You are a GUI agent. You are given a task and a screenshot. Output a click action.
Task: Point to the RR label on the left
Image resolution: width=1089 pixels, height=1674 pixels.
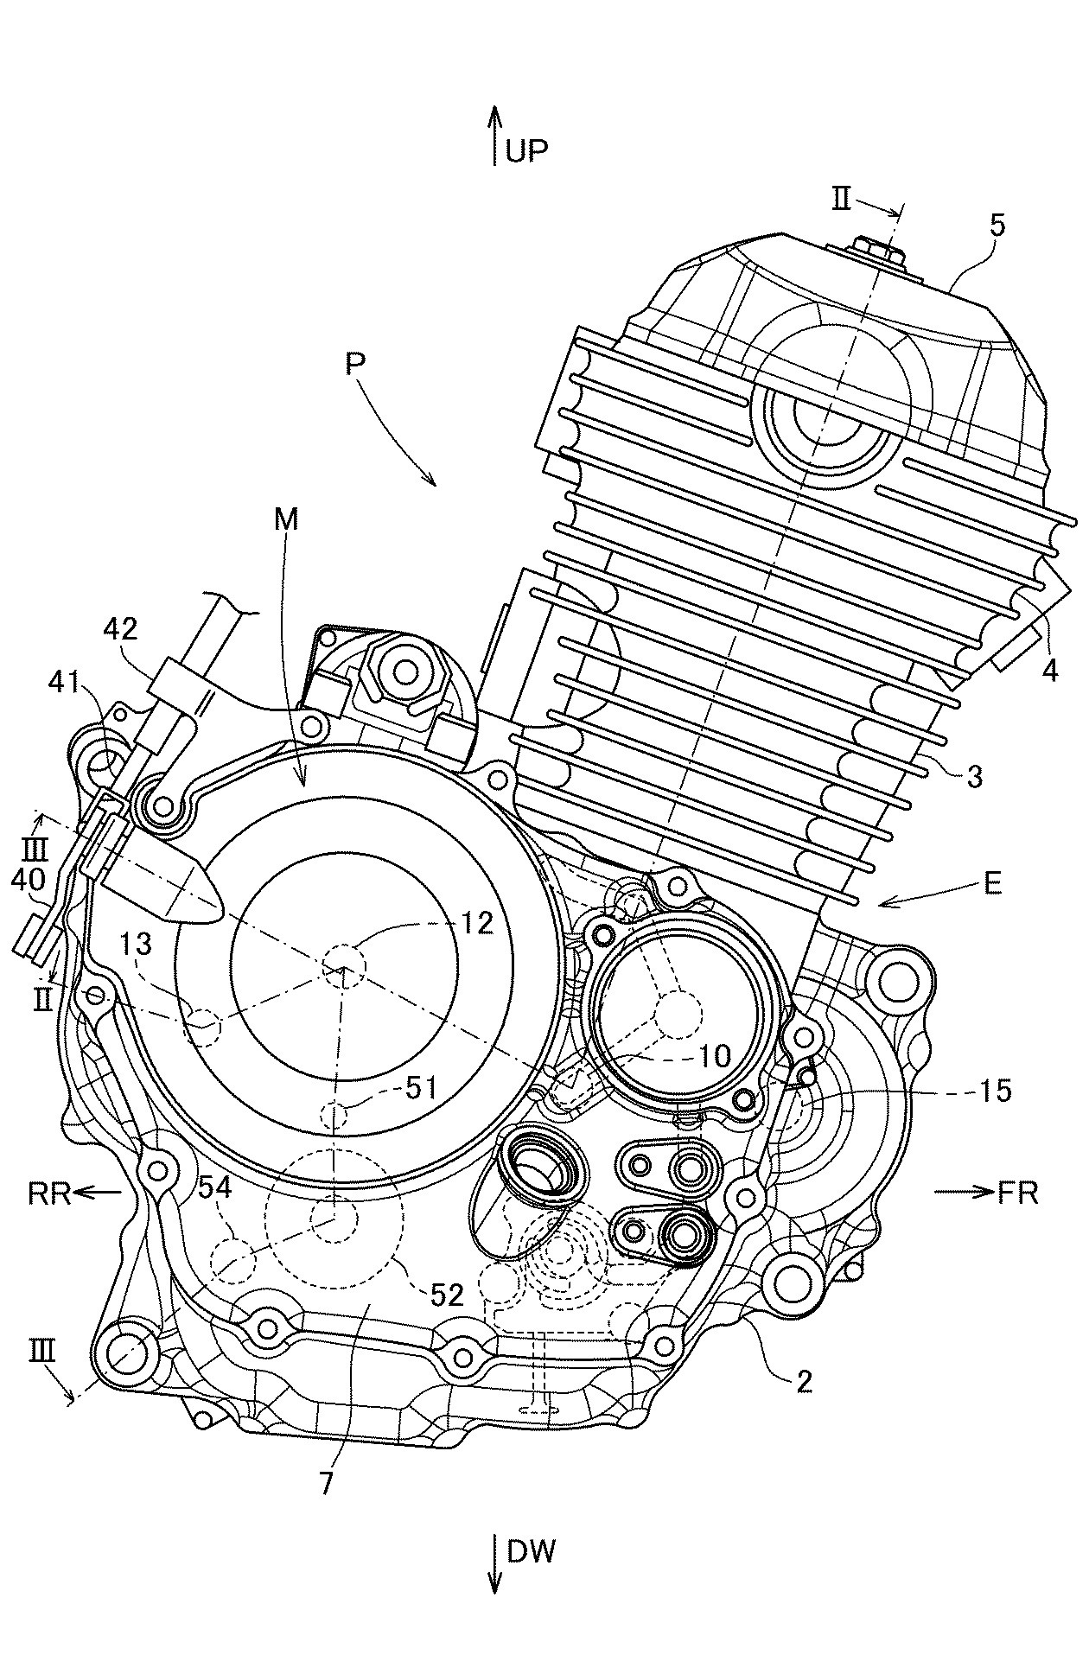(x=48, y=1193)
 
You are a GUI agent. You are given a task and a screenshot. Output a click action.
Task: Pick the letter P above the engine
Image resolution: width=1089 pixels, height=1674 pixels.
(x=355, y=365)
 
